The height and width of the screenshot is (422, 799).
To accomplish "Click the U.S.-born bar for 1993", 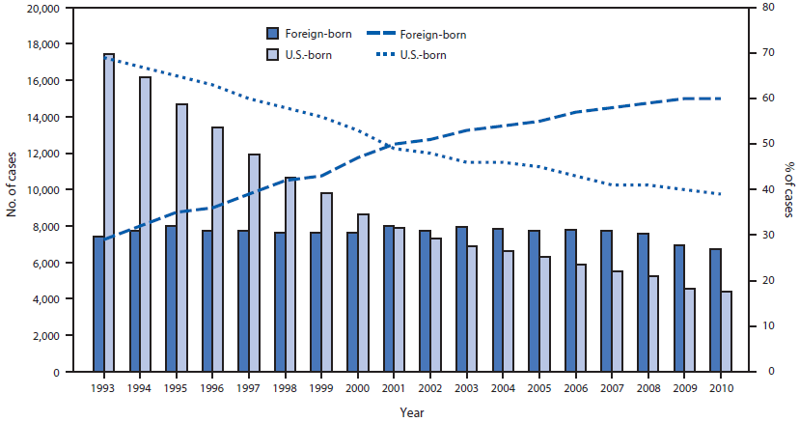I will tap(109, 212).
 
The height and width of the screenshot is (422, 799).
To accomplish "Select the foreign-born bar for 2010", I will tap(715, 310).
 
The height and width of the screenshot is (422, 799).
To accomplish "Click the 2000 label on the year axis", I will tap(357, 387).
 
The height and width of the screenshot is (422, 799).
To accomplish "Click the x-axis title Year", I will tap(412, 412).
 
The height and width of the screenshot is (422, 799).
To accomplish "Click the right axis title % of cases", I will tap(787, 190).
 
